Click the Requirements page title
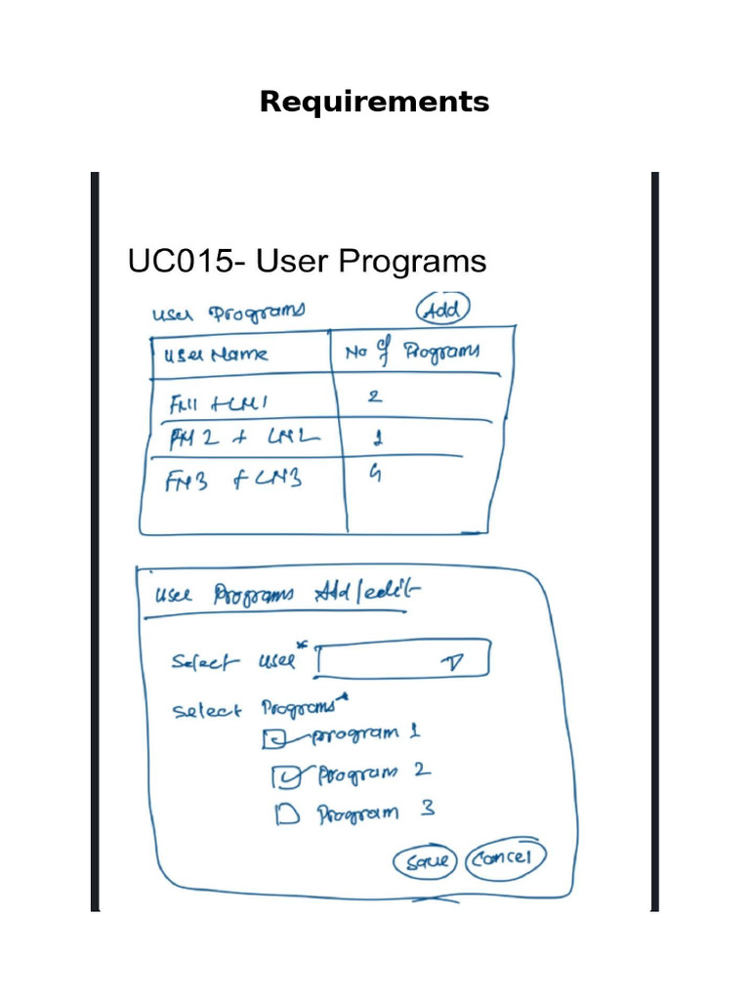point(374,102)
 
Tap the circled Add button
point(443,310)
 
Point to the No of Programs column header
point(411,354)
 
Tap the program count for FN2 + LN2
point(378,438)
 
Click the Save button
point(425,861)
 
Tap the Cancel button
point(504,858)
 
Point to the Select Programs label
point(256,710)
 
